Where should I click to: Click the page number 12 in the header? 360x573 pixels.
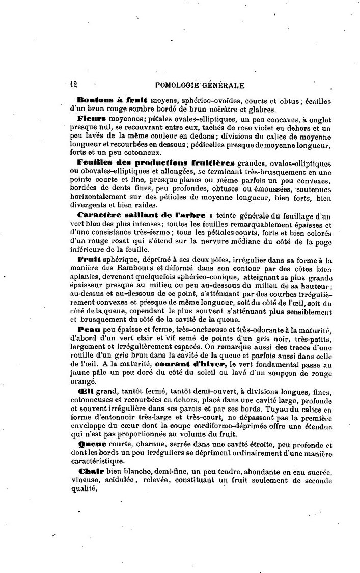pos(73,85)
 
